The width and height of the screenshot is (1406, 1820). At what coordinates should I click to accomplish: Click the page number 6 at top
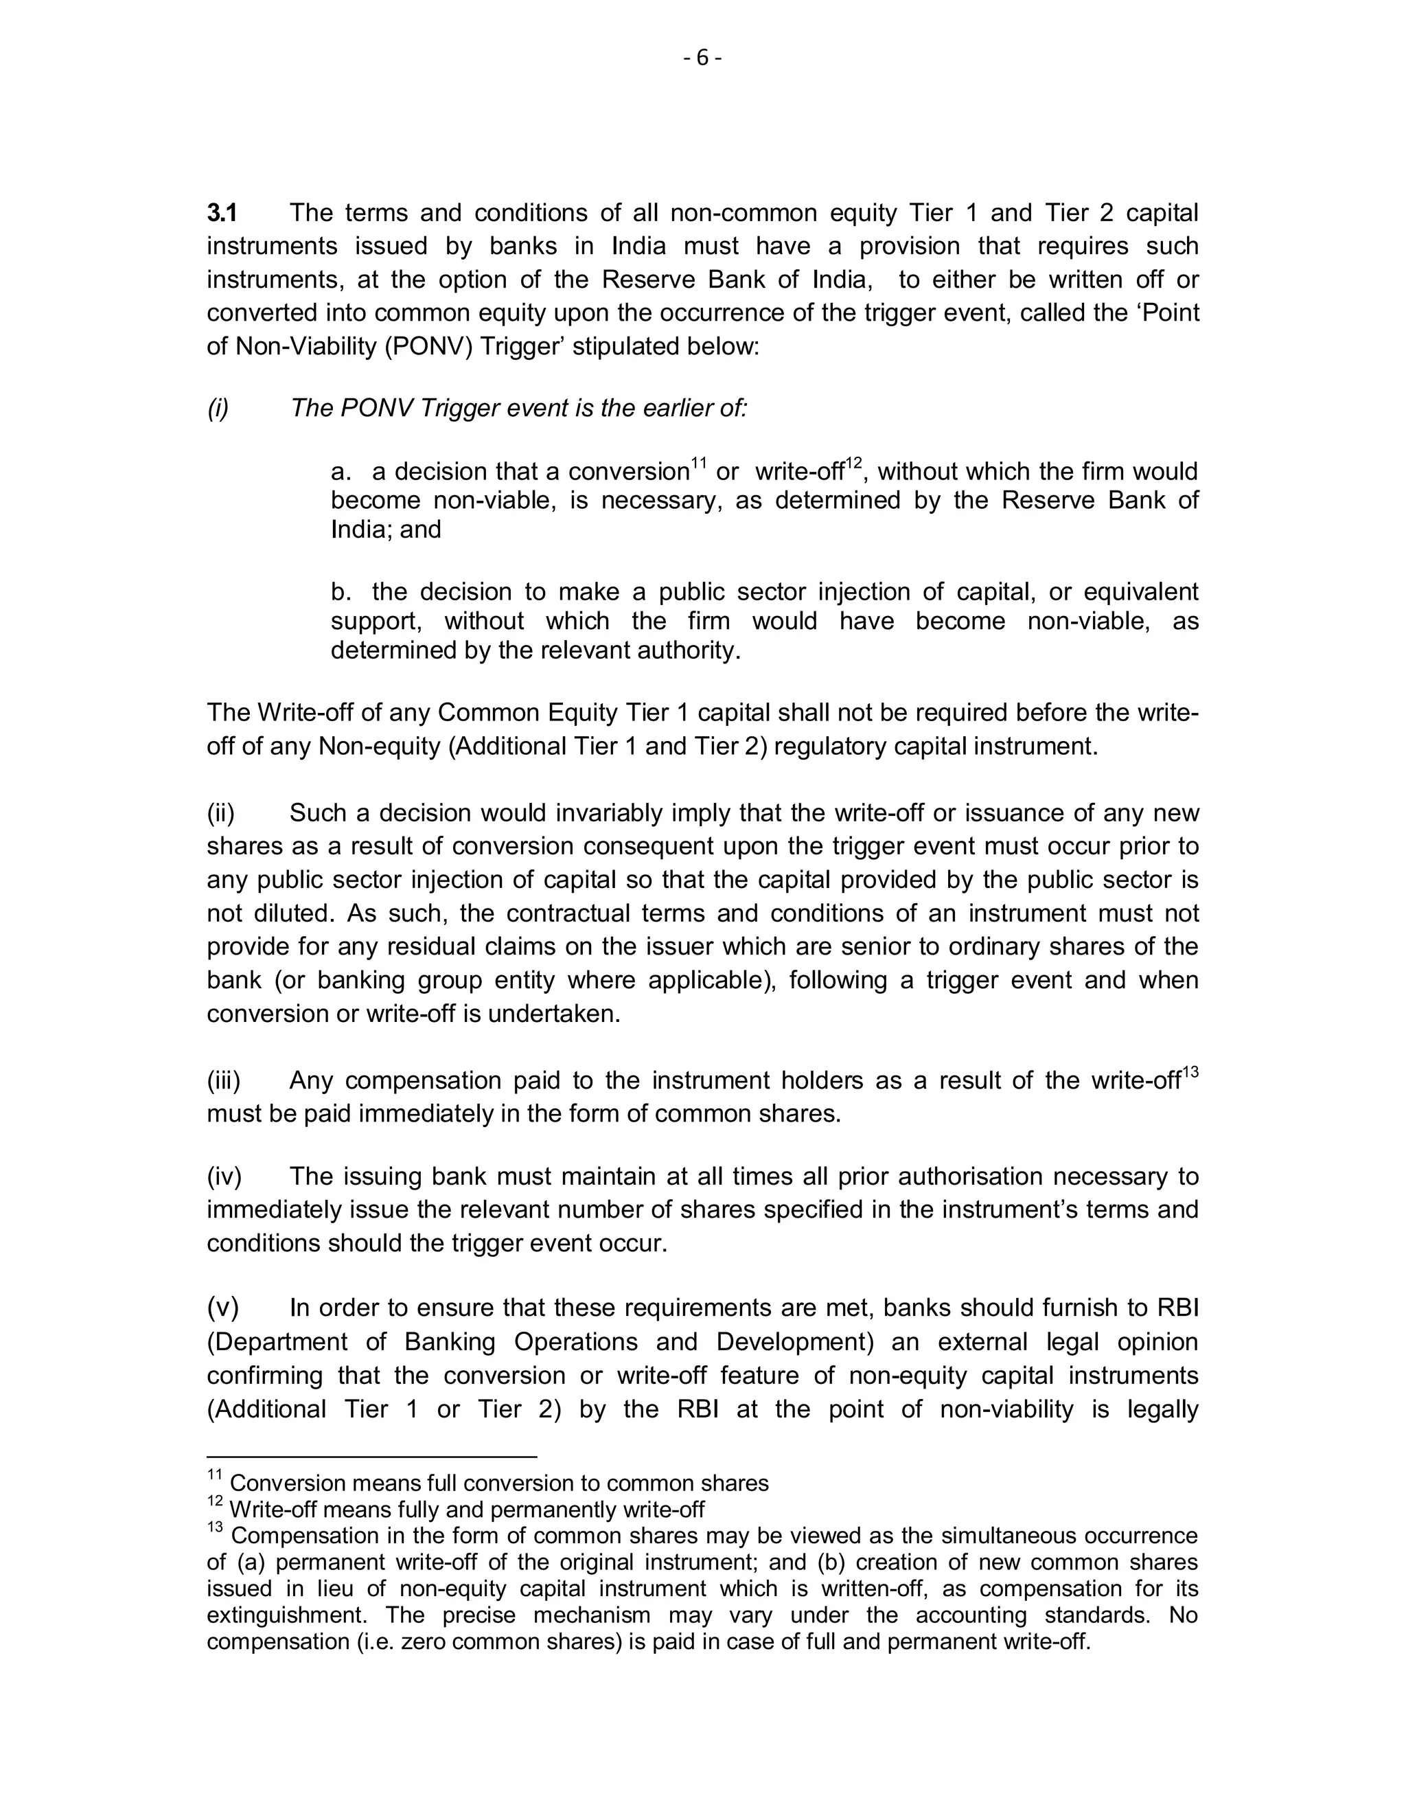pos(702,58)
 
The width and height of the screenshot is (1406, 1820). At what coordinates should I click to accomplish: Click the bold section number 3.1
pos(222,214)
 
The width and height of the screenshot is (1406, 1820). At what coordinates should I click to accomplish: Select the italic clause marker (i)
pos(218,409)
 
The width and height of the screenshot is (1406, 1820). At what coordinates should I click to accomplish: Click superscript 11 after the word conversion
pos(698,464)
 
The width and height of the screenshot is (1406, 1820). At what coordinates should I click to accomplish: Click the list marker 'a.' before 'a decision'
pos(340,473)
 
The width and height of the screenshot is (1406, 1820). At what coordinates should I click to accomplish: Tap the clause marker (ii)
pos(221,813)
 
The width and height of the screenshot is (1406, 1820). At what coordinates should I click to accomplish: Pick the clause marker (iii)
pos(223,1081)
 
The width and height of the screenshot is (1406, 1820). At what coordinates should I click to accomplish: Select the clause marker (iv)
pos(224,1176)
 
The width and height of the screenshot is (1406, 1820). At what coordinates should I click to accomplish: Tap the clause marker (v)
pos(222,1308)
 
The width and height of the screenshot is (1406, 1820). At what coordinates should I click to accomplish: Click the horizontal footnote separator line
pos(371,1457)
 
